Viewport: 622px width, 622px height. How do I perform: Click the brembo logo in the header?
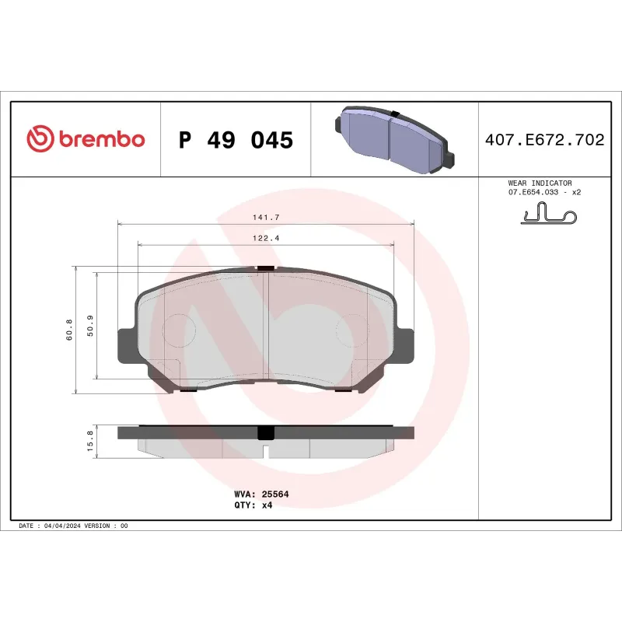86,139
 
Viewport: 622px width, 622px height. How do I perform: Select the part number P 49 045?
236,141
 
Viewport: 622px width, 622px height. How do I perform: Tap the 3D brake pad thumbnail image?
394,141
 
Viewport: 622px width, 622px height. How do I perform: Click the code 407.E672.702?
544,141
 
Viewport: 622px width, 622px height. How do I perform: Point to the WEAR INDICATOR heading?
540,183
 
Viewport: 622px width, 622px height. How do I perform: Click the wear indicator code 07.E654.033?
535,192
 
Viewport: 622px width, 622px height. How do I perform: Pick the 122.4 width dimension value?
265,238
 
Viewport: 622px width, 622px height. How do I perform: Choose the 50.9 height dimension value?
90,325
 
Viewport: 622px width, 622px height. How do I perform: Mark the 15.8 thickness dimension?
90,441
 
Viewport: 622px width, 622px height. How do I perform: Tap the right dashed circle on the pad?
351,330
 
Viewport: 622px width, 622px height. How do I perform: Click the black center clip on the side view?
265,433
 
